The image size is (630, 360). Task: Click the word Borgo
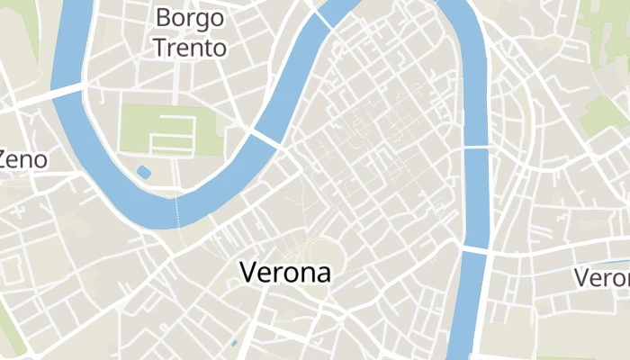[190, 17]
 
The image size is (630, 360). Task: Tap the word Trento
[190, 48]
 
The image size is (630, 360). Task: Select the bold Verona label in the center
[284, 273]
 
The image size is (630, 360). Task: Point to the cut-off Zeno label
[22, 160]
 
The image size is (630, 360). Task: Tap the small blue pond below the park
[143, 172]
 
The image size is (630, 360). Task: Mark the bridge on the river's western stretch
[69, 90]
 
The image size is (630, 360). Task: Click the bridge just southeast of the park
[265, 139]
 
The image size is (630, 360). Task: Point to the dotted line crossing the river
[177, 211]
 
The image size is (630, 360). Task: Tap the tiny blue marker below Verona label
[233, 343]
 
